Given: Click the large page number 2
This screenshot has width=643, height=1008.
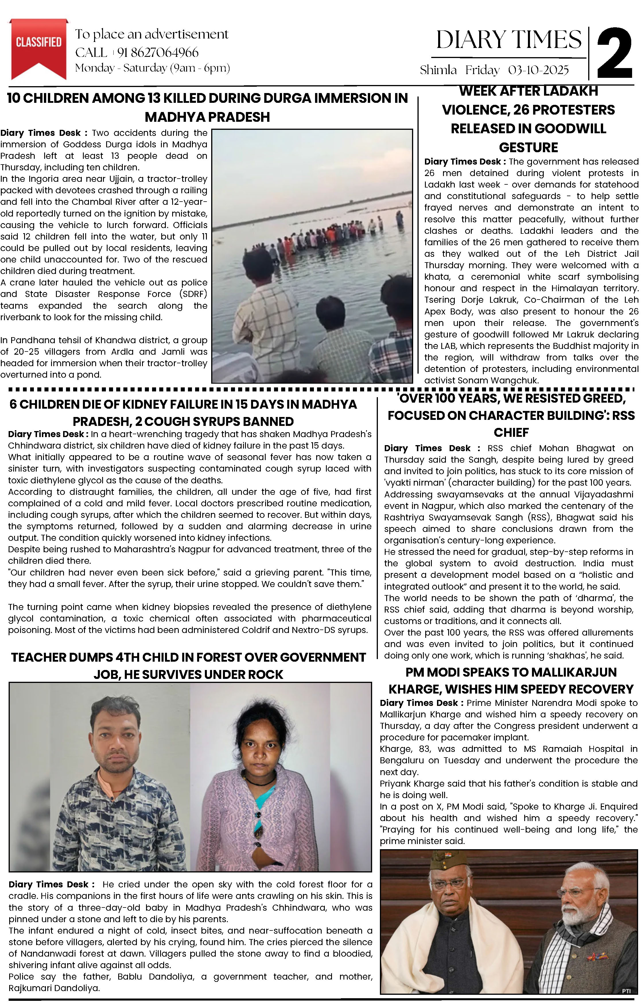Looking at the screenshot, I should (614, 54).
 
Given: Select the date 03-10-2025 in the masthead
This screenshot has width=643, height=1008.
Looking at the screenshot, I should (538, 70).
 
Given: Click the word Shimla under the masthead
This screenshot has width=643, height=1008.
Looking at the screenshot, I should (438, 70).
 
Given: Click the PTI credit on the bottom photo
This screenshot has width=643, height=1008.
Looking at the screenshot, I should (626, 991).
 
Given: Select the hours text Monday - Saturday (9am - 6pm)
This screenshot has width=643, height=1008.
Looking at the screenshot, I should (152, 68).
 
